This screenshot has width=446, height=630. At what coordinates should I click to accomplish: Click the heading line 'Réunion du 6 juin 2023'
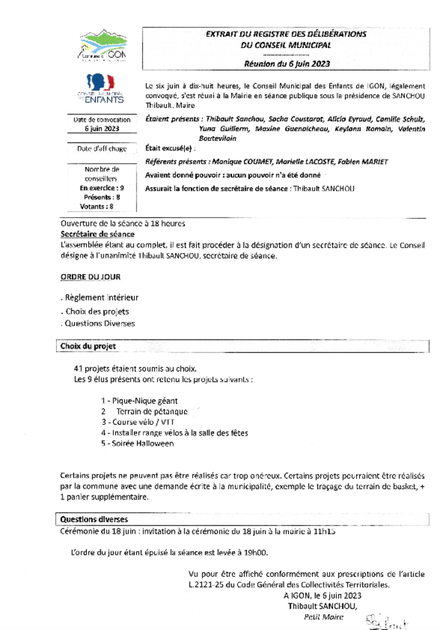coord(287,64)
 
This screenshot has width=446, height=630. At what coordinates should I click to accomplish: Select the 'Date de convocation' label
coord(102,119)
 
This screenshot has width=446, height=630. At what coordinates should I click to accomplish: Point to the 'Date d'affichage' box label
coord(102,149)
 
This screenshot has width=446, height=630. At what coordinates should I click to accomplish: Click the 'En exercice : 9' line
coord(102,188)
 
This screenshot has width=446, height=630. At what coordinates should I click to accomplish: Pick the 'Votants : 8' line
coord(97,206)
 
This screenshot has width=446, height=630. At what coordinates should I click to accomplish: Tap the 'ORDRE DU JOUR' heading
coord(90,277)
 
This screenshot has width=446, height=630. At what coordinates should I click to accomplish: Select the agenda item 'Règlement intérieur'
coord(101,298)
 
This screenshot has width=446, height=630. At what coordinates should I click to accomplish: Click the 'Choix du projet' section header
coord(88,346)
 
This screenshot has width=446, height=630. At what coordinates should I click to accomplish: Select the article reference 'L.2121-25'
coord(207,585)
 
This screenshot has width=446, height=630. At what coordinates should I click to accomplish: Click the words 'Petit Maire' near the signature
coord(323,617)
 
